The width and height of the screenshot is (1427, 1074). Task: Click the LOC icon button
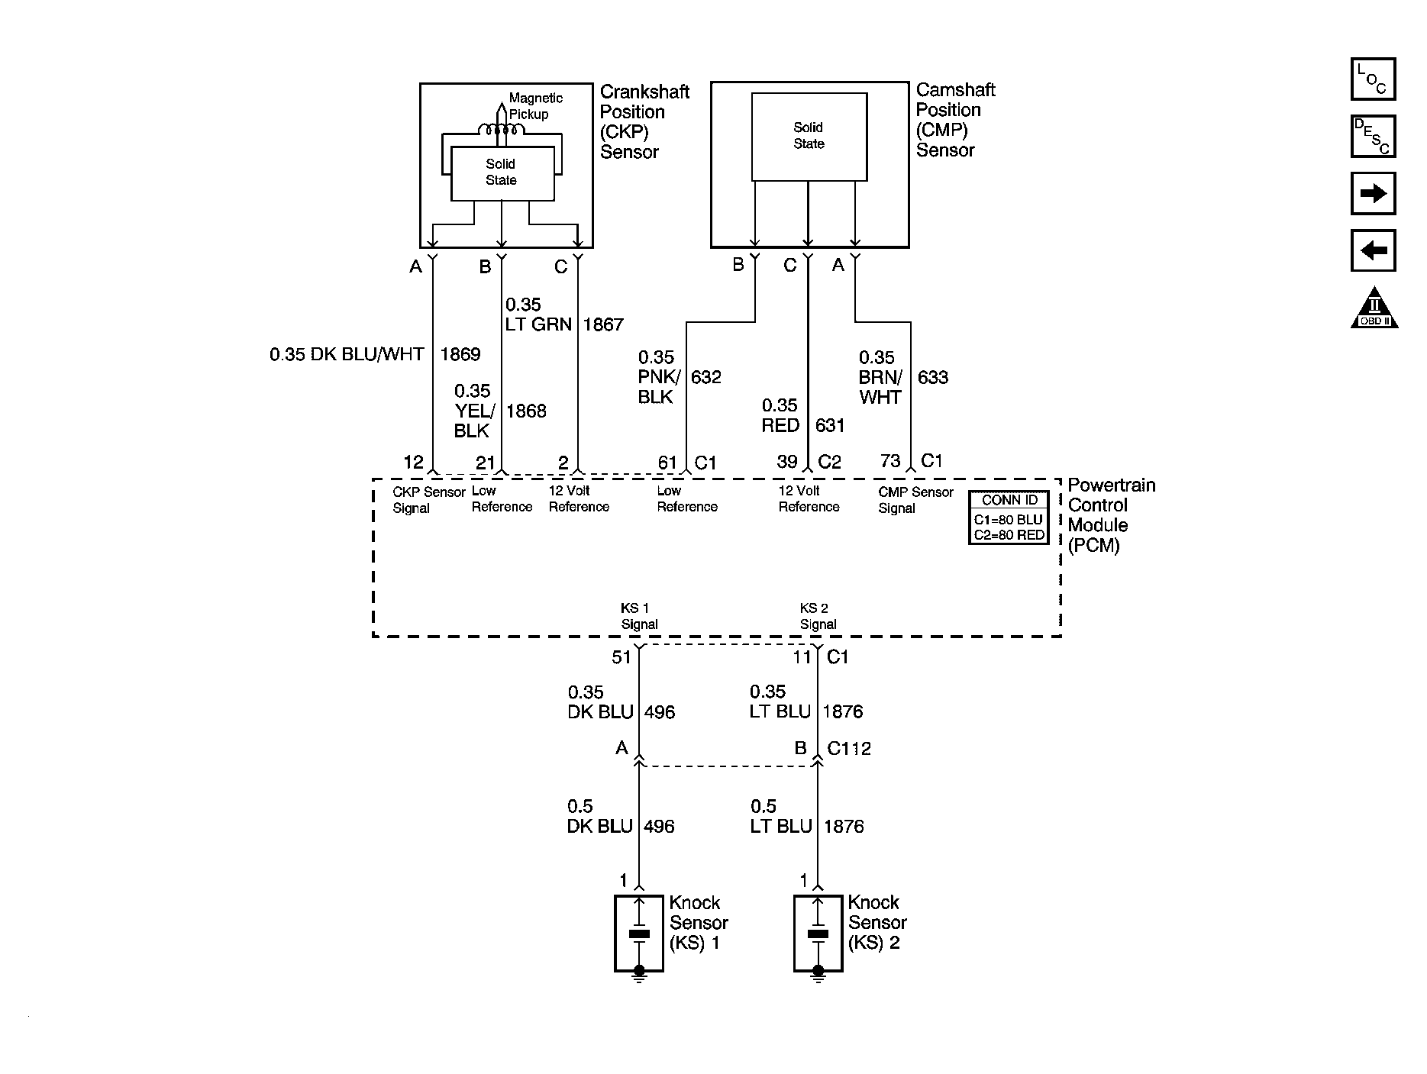click(1373, 79)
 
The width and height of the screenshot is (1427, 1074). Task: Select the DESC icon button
click(1373, 137)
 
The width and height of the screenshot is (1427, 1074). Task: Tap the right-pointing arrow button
click(1373, 194)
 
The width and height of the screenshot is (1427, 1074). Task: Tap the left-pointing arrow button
click(1373, 250)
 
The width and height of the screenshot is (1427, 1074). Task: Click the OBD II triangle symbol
click(1374, 309)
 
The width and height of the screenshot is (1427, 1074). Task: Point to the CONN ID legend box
click(1009, 518)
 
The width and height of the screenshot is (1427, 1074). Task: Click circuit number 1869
click(460, 354)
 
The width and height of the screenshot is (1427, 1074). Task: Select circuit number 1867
click(603, 324)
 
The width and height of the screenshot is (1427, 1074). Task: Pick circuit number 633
click(932, 377)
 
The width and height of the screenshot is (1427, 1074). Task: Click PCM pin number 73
click(889, 460)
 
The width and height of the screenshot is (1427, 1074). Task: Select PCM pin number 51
click(621, 656)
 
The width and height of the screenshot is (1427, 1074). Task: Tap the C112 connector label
click(849, 748)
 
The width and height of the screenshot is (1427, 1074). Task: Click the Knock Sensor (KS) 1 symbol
click(639, 934)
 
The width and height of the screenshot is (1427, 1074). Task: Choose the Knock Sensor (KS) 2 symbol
click(818, 934)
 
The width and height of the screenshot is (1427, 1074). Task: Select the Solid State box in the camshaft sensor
click(809, 137)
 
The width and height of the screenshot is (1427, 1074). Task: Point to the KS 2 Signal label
click(817, 616)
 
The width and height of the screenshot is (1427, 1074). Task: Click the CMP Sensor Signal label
click(915, 500)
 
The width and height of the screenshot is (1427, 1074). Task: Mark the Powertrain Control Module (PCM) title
click(1110, 515)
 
